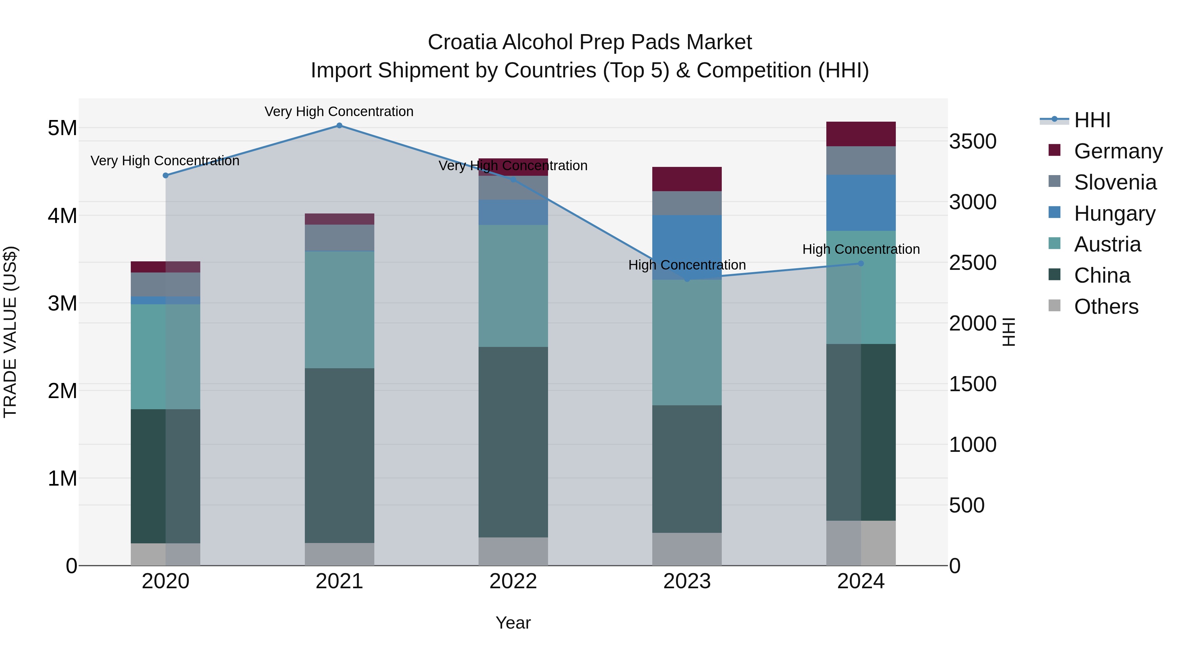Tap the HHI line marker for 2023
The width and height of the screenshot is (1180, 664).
pyautogui.click(x=687, y=279)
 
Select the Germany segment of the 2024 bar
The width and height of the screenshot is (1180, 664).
pyautogui.click(x=861, y=134)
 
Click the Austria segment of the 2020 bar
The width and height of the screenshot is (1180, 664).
pyautogui.click(x=166, y=356)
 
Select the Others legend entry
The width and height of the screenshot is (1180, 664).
pyautogui.click(x=1106, y=307)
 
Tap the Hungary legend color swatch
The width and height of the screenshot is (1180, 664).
pyautogui.click(x=1054, y=212)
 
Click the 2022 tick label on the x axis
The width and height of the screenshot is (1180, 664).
pyautogui.click(x=513, y=581)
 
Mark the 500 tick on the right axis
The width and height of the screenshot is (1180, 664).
pyautogui.click(x=967, y=505)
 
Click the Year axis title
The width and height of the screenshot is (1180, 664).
pyautogui.click(x=513, y=623)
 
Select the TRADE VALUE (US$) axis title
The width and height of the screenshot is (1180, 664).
pyautogui.click(x=10, y=332)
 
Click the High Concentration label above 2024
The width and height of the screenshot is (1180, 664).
pyautogui.click(x=861, y=249)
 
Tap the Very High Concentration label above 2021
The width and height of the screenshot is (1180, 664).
pyautogui.click(x=339, y=111)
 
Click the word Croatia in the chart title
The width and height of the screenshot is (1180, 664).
pyautogui.click(x=462, y=42)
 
